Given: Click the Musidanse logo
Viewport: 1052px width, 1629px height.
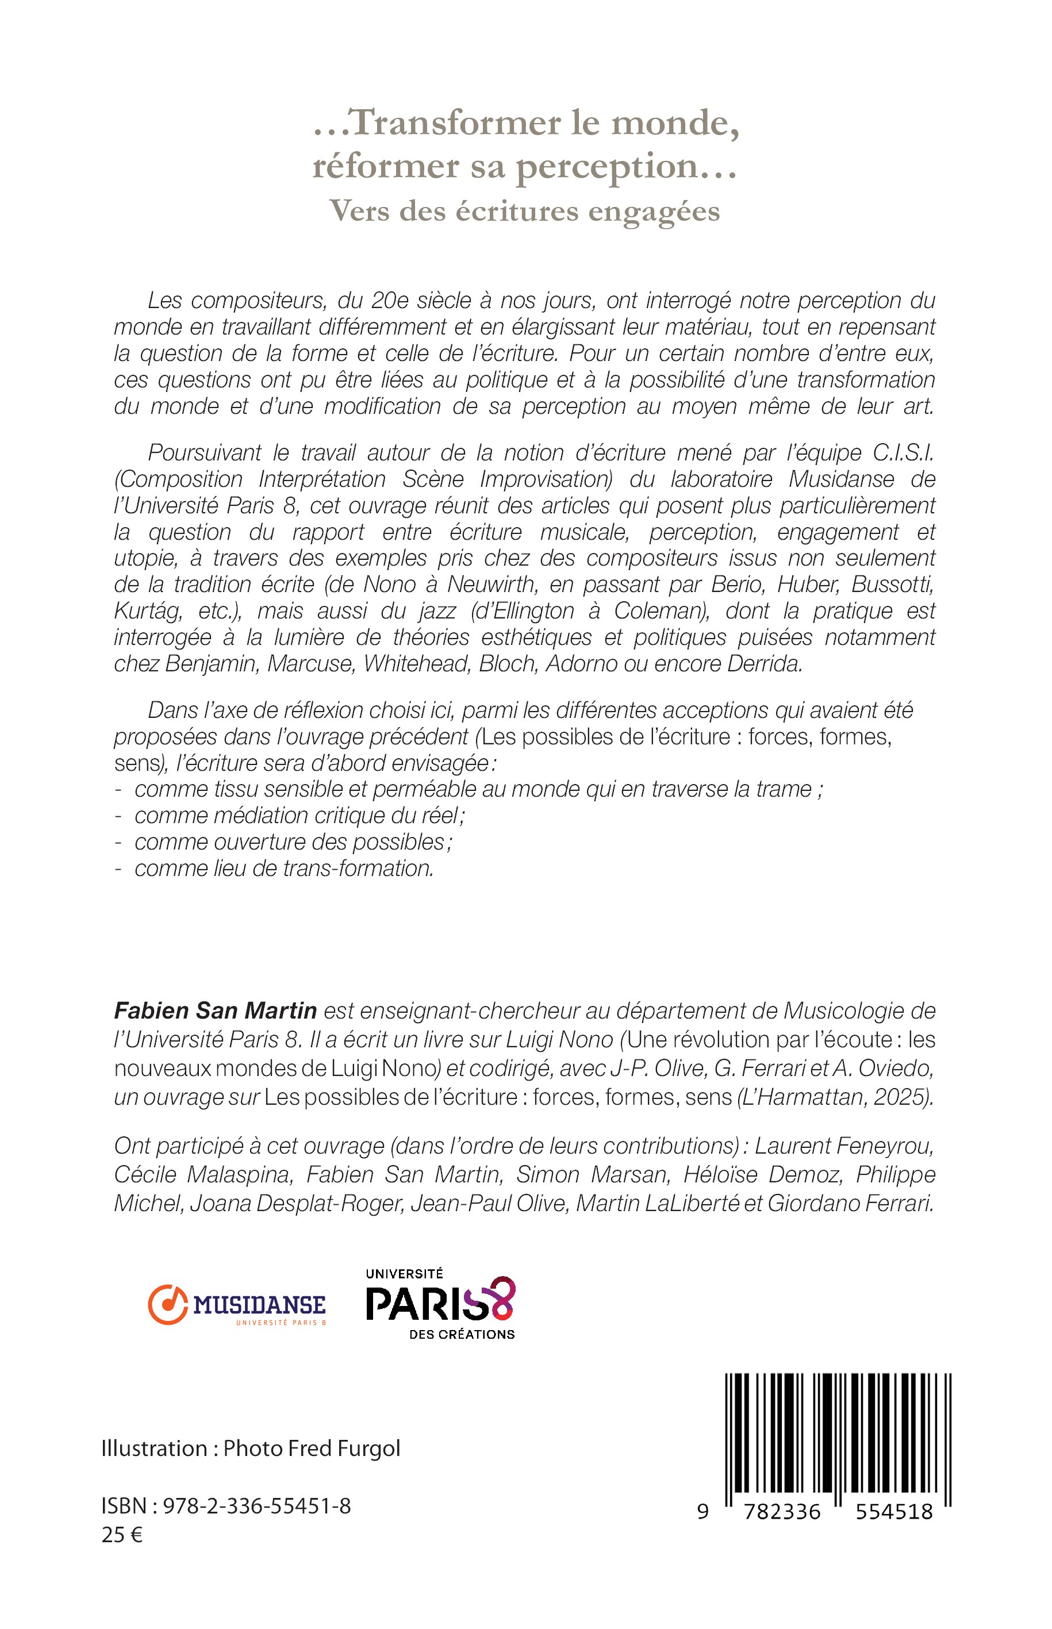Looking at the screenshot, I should pos(236,1305).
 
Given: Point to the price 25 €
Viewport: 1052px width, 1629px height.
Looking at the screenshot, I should pos(122,1535).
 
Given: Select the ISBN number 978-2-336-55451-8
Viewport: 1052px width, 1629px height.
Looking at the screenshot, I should pos(256,1506).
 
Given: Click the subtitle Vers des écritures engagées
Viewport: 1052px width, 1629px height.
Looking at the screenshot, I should pos(525,211).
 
